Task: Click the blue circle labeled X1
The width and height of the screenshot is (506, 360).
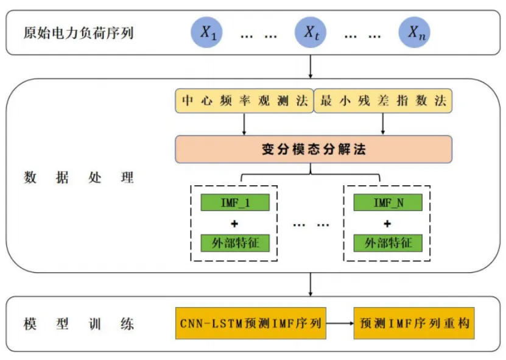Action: click(x=206, y=32)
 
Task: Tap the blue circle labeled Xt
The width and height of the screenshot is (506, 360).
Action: click(x=311, y=32)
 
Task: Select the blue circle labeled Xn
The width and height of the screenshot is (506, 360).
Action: click(x=414, y=32)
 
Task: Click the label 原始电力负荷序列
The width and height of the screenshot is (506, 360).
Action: click(x=79, y=33)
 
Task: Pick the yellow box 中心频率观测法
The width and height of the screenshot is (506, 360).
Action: click(x=244, y=101)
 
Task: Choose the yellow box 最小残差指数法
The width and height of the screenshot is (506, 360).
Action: click(x=383, y=101)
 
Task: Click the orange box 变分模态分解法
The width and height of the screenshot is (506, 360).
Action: click(x=314, y=149)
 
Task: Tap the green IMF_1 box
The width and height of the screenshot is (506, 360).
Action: click(x=235, y=202)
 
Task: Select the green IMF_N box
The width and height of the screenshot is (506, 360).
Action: click(x=388, y=202)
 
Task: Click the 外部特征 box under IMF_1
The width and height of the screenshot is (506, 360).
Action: click(x=235, y=243)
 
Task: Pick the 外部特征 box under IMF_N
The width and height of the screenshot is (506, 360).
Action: click(x=388, y=243)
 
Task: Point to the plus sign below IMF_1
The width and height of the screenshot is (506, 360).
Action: click(x=234, y=224)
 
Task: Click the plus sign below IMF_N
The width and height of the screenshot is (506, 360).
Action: click(x=387, y=224)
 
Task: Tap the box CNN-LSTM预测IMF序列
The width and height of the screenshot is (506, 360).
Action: click(x=251, y=323)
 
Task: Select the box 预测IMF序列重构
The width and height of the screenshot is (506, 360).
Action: click(x=414, y=323)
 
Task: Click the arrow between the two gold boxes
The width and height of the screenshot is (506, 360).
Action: click(x=340, y=323)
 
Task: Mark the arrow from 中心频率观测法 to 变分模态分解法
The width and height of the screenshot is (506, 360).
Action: click(x=244, y=124)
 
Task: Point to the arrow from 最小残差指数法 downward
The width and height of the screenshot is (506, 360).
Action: click(x=383, y=124)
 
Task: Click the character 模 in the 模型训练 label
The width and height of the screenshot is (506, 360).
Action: click(x=30, y=324)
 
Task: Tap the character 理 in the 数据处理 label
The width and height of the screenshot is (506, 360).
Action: click(x=127, y=177)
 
